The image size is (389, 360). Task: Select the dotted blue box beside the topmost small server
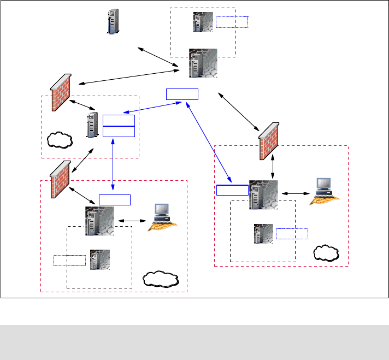coord(232,22)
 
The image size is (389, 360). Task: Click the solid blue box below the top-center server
coord(182,93)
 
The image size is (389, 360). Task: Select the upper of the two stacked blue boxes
coord(119,120)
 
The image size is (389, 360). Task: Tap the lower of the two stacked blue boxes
coord(119,131)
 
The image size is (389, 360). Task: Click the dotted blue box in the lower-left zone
coord(69,260)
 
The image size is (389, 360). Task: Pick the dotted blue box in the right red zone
coord(292,234)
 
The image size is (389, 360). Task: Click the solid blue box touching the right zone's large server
coord(232,190)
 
